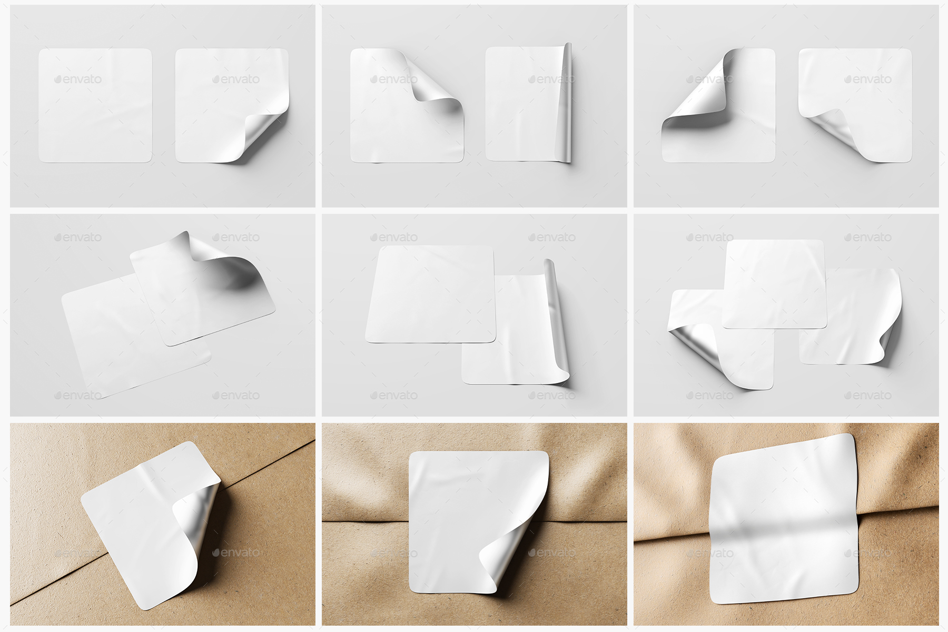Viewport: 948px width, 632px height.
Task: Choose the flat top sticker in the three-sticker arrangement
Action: coord(774,284)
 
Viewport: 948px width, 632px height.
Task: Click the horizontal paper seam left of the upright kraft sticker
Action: coord(363,521)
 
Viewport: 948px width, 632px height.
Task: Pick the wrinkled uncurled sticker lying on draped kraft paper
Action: coord(785,521)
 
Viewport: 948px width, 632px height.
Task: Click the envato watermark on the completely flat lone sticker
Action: coord(78,80)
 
